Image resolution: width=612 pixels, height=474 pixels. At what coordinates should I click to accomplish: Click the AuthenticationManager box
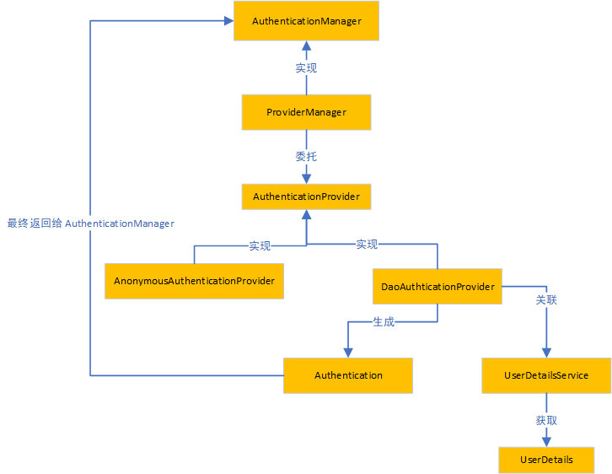tap(306, 21)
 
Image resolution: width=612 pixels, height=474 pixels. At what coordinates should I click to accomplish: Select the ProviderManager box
tap(306, 112)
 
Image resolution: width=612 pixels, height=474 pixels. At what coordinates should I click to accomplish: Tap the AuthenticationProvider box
tap(306, 197)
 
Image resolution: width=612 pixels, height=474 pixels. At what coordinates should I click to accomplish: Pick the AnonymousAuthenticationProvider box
tap(194, 281)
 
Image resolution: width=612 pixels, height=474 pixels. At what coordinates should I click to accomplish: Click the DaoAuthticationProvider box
tap(438, 286)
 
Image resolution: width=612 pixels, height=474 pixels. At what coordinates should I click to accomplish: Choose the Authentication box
tap(348, 375)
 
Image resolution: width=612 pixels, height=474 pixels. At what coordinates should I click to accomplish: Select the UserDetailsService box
tap(546, 375)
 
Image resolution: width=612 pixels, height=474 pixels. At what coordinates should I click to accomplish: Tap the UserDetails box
tap(546, 460)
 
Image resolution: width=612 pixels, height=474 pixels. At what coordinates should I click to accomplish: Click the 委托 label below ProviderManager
tap(306, 157)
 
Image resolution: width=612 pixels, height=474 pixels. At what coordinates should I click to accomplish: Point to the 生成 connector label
tap(384, 321)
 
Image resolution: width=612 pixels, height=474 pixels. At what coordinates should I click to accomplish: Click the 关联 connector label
tap(546, 300)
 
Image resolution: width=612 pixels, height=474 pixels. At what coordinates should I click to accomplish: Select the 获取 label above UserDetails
tap(546, 420)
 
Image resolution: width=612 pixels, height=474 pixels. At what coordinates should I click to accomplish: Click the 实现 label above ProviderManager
tap(306, 68)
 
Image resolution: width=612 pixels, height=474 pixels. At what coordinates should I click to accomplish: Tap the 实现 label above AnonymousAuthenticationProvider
tap(260, 245)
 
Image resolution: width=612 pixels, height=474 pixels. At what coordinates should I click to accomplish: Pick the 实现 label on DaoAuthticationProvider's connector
tap(367, 244)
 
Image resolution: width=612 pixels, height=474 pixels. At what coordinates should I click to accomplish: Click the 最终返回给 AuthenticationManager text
tap(90, 224)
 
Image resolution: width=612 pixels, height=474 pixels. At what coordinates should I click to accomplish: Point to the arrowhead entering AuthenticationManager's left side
tap(229, 21)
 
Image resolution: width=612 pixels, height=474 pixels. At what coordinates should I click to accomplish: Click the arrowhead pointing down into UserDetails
tap(546, 442)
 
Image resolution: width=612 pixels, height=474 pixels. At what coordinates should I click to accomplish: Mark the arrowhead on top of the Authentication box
tap(348, 353)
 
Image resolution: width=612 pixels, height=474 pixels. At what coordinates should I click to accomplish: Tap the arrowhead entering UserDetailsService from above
tap(546, 353)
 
